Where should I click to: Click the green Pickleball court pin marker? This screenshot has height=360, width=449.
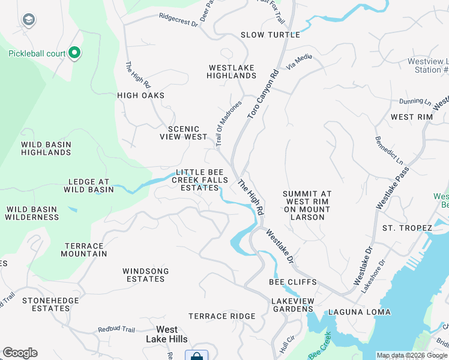pos(74,54)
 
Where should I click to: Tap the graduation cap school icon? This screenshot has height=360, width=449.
pos(28,20)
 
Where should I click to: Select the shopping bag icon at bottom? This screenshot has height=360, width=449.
pos(196,356)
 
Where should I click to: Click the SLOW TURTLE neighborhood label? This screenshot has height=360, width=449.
pos(270,35)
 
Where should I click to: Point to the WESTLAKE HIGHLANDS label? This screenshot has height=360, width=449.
pos(231,72)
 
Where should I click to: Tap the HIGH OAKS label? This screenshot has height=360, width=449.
pos(140,95)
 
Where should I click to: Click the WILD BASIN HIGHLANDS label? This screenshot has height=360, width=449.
pos(46,149)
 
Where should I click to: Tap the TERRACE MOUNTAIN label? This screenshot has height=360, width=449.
pos(84,250)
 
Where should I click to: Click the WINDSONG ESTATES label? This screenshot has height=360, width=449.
pos(145,275)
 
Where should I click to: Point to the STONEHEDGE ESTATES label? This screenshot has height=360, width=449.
pos(46,304)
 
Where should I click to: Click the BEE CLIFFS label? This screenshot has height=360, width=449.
pos(292,282)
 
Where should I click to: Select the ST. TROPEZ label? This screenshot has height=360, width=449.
pos(407,228)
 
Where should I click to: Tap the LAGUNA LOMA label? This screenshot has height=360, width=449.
pos(359,312)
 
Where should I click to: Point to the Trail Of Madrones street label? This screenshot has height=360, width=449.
pos(228,123)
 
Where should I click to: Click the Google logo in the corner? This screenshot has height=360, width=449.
pos(20,353)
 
